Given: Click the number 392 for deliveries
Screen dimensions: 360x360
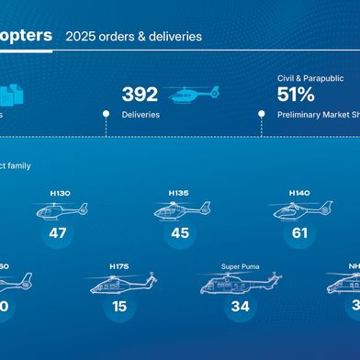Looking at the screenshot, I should tap(140, 95).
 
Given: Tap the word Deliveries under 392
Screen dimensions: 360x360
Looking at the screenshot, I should tap(141, 115).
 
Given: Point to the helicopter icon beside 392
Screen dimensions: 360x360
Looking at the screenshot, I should tap(194, 94).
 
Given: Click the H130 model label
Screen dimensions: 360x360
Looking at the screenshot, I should tap(59, 194).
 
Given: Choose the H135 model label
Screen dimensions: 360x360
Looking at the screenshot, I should tap(178, 193).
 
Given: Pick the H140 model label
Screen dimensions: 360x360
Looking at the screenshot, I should tap(298, 193).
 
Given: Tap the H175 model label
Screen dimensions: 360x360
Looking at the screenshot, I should tap(119, 266).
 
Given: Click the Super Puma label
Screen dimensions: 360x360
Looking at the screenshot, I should tap(240, 266).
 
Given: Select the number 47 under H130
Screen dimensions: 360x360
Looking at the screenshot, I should tap(59, 233).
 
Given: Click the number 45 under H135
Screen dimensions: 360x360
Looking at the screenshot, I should tap(179, 233).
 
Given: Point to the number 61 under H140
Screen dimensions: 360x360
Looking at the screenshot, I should tap(299, 233).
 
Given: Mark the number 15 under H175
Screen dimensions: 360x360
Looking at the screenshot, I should tap(119, 306).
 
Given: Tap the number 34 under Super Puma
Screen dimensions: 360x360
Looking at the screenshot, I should tap(240, 306).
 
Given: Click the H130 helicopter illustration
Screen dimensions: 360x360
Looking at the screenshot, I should tap(60, 211).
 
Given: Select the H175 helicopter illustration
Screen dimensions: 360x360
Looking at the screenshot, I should tap(119, 284).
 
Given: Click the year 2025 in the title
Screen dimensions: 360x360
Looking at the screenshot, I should tap(80, 38).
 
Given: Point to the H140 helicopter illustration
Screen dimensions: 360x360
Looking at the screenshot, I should tap(301, 210).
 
